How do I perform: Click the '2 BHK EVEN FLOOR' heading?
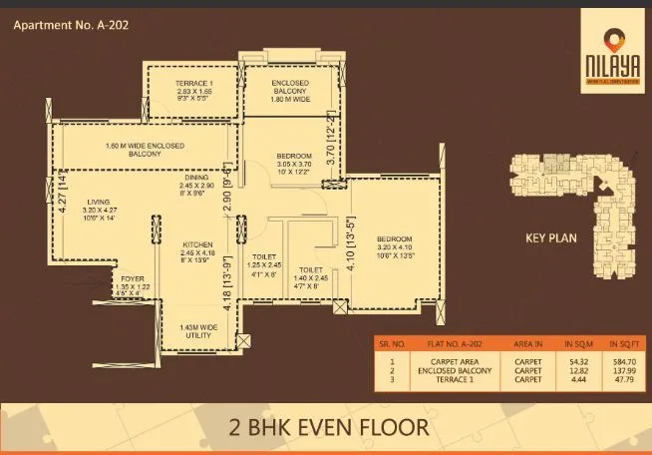tap(327, 427)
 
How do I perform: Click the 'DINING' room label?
tap(196, 178)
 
